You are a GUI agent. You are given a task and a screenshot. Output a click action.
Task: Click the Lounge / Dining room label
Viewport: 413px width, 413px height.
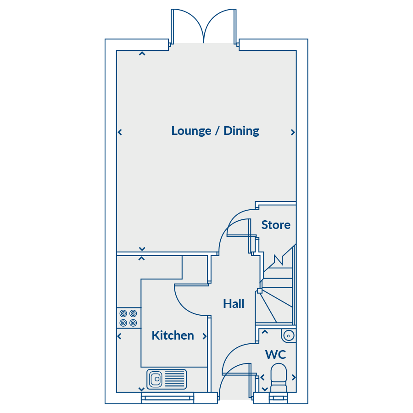pos(215,131)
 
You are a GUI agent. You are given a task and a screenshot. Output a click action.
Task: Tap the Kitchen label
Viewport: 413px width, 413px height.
pos(173,335)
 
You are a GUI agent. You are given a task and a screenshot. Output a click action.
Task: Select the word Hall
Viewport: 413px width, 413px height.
pos(234,304)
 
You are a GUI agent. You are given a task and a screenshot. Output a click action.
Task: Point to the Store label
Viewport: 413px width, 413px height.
pos(276,225)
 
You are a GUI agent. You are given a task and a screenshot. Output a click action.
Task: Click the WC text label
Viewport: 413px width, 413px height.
pos(275,355)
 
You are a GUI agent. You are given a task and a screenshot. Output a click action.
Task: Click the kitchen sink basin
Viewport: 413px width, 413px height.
pos(156,380)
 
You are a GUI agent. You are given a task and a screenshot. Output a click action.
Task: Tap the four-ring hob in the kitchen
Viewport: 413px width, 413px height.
pos(128,318)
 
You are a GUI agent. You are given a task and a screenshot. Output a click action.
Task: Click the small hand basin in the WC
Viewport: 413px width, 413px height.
pos(289,336)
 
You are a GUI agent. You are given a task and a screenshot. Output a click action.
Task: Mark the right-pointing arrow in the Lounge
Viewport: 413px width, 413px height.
pos(293,132)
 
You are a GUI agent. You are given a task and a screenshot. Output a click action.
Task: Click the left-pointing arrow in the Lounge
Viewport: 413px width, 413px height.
pos(120,132)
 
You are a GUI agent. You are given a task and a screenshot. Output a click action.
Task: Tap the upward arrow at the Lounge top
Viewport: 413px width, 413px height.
pos(142,54)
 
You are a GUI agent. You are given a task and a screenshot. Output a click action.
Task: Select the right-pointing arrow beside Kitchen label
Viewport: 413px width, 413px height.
pos(205,336)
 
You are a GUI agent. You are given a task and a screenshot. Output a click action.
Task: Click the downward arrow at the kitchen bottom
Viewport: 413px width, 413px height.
pos(141,389)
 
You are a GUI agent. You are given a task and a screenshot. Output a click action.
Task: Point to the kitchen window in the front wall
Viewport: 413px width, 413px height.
pos(167,398)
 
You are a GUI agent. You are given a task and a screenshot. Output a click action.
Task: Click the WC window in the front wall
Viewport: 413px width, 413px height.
pos(279,398)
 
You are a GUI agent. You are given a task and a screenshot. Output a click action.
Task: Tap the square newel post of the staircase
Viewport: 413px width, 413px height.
pos(259,291)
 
